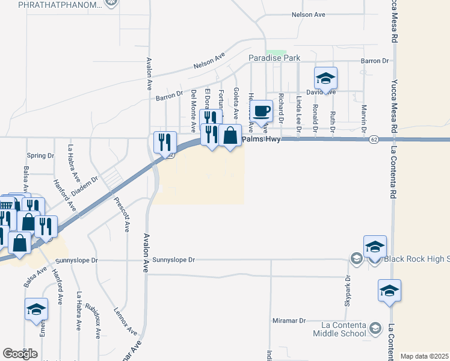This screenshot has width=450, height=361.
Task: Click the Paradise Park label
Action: click(x=275, y=58)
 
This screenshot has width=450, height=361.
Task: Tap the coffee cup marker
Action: click(x=261, y=113)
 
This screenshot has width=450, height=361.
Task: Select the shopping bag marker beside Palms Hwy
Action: click(x=230, y=136)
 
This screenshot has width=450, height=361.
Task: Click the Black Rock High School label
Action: click(x=416, y=259)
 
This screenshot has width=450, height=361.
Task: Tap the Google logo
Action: click(x=20, y=354)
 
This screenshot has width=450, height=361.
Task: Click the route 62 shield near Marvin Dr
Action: click(x=374, y=140)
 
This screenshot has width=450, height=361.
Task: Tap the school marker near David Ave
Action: click(x=325, y=78)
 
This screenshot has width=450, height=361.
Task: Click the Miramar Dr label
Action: click(x=289, y=321)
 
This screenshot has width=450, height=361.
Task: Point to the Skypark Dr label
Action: click(x=348, y=289)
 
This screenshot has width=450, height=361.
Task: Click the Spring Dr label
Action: click(x=41, y=155)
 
